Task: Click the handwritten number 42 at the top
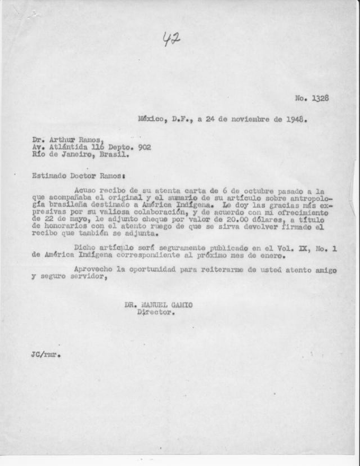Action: point(171,39)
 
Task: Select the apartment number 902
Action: point(143,147)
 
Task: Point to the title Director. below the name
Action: point(155,312)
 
